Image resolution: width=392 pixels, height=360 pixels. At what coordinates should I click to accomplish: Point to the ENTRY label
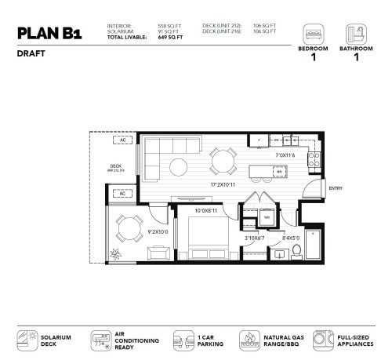tap(336, 187)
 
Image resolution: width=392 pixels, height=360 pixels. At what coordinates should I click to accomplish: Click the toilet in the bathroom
tap(296, 250)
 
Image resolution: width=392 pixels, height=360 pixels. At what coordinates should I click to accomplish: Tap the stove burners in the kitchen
tap(314, 160)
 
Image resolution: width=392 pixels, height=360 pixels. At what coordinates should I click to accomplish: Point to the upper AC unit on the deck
tap(123, 140)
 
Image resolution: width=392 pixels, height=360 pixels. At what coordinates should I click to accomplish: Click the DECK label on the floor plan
tap(115, 165)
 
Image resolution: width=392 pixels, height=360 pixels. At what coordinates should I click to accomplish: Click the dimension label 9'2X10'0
tap(158, 232)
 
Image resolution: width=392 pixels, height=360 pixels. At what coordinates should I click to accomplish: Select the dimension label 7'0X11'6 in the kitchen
tap(285, 156)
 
